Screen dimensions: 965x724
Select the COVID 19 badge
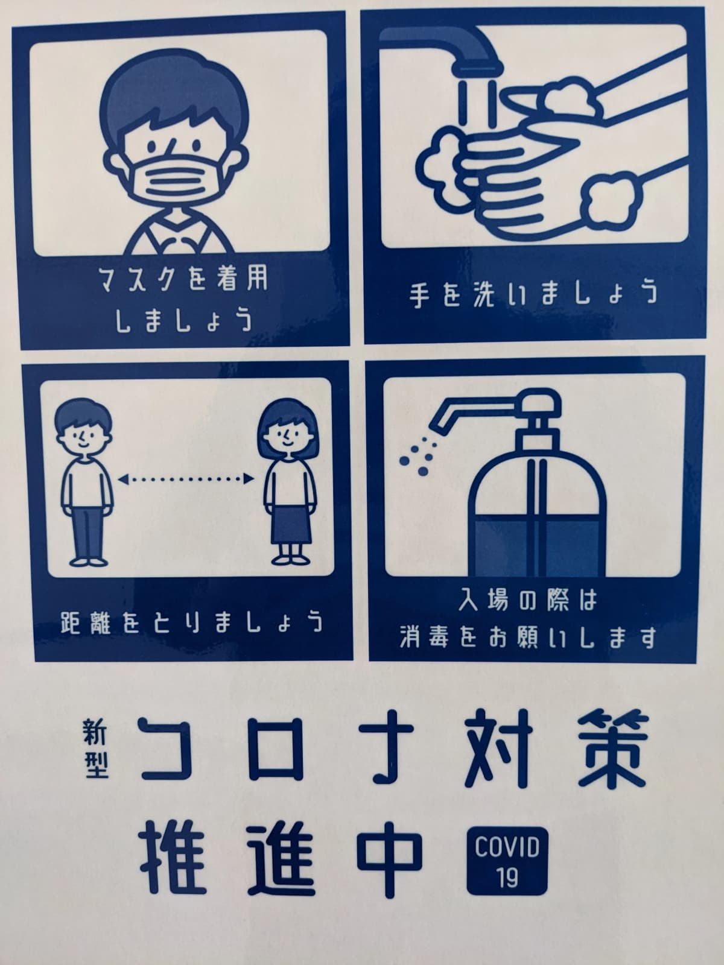click(507, 860)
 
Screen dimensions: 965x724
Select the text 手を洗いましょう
click(533, 294)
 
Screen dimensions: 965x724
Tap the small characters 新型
click(95, 748)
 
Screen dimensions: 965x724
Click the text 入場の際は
click(529, 601)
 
